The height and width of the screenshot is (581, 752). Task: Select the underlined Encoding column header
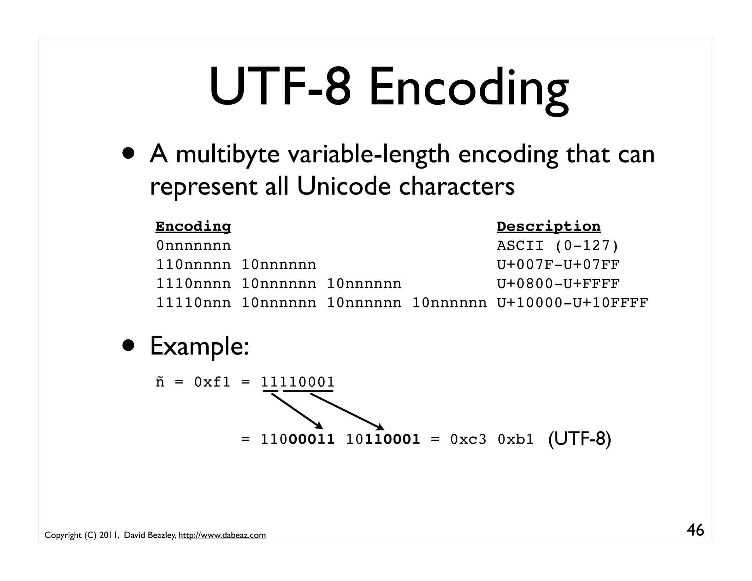click(193, 227)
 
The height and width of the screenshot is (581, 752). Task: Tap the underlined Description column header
click(549, 227)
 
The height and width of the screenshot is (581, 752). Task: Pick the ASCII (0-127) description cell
click(558, 246)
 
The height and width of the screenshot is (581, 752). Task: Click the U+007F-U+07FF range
click(558, 265)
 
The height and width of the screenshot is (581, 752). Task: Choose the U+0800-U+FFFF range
click(558, 284)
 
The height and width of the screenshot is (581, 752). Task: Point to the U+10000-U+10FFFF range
click(572, 303)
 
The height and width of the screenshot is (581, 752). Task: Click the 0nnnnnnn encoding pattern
click(194, 246)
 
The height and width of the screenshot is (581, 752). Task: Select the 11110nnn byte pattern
click(194, 303)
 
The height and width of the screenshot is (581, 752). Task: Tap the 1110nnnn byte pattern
click(194, 284)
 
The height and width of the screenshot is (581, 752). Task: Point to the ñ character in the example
click(160, 382)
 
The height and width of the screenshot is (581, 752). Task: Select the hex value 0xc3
click(468, 439)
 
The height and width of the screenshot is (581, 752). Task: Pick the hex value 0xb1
click(516, 439)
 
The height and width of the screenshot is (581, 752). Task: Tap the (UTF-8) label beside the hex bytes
click(579, 439)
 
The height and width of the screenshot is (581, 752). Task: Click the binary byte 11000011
click(297, 439)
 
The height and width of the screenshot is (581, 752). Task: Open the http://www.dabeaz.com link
click(222, 535)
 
